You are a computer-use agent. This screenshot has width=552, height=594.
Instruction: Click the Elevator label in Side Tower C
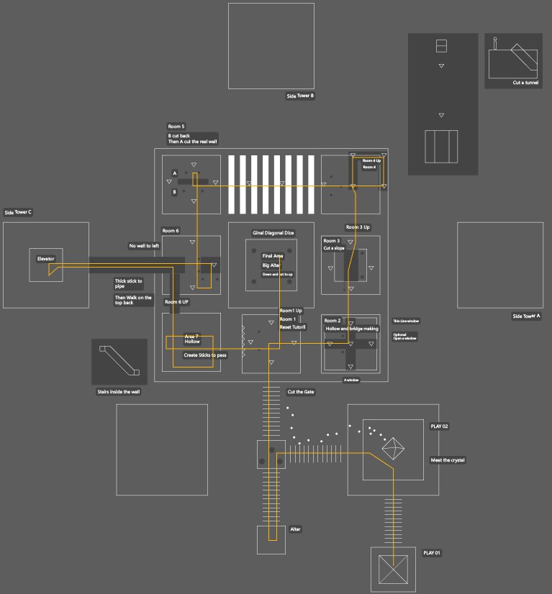click(x=46, y=259)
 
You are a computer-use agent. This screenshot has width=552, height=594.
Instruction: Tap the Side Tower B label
click(x=300, y=96)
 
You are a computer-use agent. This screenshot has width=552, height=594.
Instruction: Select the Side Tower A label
click(x=526, y=316)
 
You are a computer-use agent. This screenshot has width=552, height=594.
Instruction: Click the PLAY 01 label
click(x=432, y=552)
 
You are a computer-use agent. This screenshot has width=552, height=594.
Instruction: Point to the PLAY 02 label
click(x=439, y=426)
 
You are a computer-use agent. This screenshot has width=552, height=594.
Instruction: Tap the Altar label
click(x=295, y=529)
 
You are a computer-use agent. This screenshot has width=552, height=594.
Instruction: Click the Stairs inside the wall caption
click(x=119, y=392)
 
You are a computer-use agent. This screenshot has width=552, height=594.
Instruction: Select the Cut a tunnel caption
click(x=525, y=83)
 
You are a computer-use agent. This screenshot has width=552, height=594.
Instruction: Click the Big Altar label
click(x=271, y=265)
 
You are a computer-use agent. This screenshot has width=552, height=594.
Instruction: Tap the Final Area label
click(x=272, y=256)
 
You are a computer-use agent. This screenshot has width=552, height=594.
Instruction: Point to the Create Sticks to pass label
click(x=204, y=355)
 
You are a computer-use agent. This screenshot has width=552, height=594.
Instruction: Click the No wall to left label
click(x=144, y=246)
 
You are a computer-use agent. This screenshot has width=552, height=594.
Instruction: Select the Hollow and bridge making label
click(x=352, y=329)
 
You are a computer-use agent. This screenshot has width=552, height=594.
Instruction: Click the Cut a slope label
click(x=334, y=248)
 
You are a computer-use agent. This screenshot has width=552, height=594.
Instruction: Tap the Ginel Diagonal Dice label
click(x=273, y=233)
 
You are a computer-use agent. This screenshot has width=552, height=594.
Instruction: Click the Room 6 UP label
click(x=176, y=302)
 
